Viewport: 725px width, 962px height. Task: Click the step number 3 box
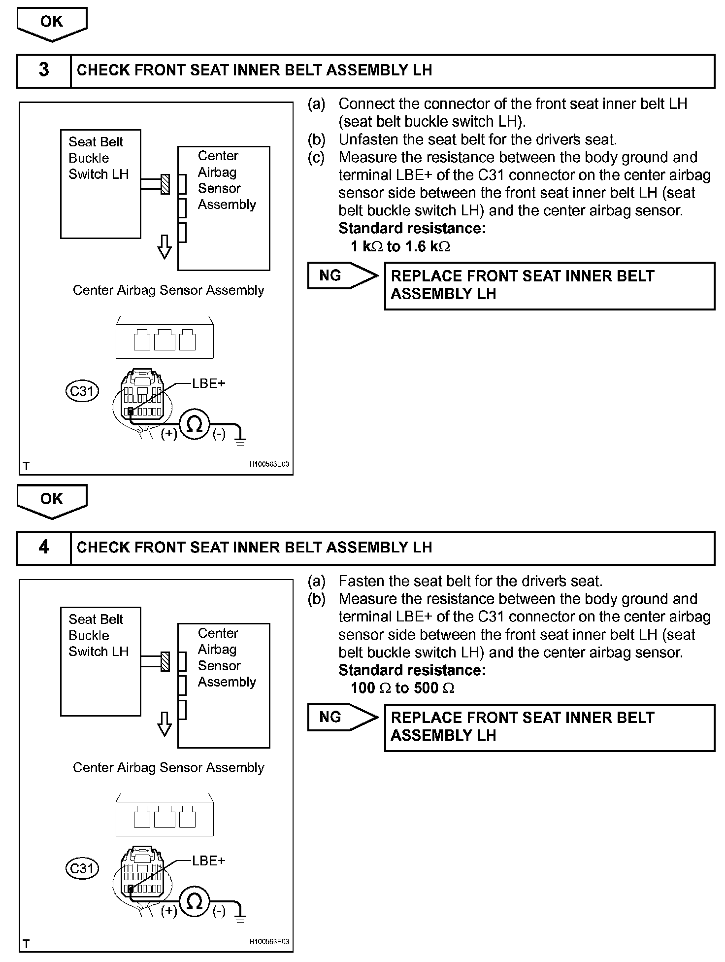click(44, 70)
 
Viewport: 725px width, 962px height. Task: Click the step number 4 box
click(44, 547)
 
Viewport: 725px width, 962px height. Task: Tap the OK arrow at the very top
click(52, 23)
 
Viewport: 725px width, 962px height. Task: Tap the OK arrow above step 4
click(52, 500)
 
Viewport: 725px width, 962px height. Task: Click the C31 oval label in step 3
click(82, 391)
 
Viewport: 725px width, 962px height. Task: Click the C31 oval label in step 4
click(82, 868)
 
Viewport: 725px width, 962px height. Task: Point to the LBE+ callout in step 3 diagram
click(208, 383)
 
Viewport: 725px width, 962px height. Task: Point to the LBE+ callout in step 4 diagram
click(208, 860)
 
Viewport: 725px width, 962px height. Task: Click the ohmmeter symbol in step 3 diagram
click(195, 425)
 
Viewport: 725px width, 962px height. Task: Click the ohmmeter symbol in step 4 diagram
click(195, 902)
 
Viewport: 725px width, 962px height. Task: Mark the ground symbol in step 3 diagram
click(240, 440)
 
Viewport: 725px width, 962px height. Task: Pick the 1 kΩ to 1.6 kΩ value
click(400, 246)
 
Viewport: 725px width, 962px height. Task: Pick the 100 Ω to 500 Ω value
click(402, 688)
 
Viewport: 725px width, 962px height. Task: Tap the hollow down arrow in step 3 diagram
click(165, 246)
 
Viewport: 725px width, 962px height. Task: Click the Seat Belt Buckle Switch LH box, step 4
click(100, 661)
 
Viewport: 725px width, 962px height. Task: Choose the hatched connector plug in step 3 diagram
click(165, 184)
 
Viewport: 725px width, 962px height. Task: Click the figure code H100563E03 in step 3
click(269, 464)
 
